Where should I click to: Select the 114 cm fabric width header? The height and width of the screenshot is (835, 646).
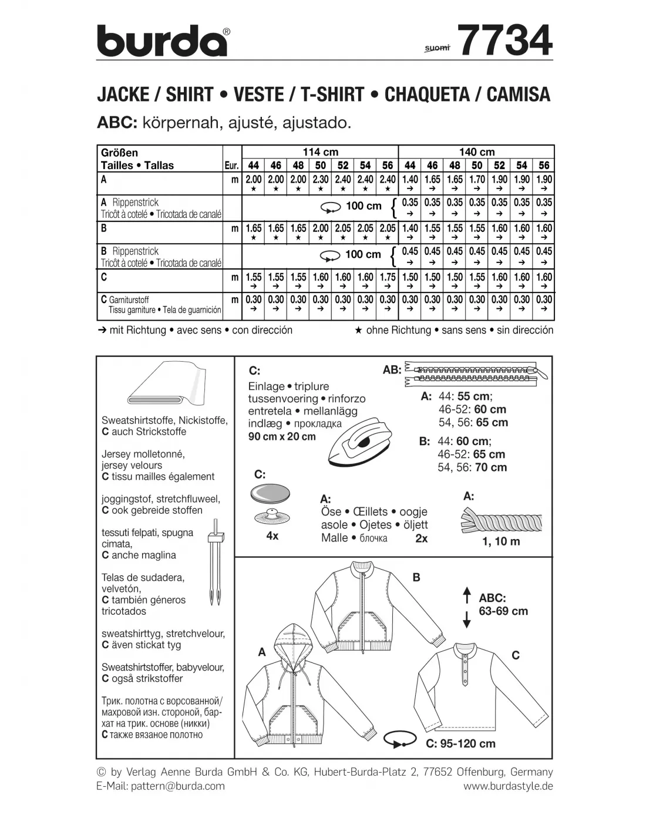click(320, 152)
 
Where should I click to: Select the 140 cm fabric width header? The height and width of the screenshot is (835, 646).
click(476, 152)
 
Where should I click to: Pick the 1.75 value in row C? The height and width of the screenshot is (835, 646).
click(388, 277)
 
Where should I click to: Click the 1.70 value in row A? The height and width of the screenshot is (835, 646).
click(477, 180)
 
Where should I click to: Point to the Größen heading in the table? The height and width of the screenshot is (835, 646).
click(119, 153)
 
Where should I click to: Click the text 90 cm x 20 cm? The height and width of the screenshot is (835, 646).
click(282, 436)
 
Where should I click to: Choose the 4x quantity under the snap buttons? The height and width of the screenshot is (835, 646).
click(272, 536)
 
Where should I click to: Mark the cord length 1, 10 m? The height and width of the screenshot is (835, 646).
click(501, 541)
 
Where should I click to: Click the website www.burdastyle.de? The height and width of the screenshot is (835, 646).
click(508, 786)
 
